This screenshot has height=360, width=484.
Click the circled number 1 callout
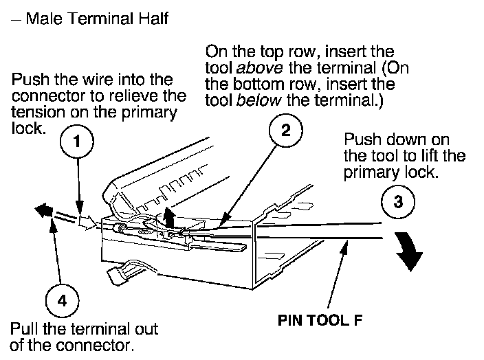pyautogui.click(x=76, y=142)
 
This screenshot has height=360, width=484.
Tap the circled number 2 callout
pyautogui.click(x=286, y=130)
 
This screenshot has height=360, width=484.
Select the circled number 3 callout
pyautogui.click(x=398, y=202)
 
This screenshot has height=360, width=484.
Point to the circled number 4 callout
pyautogui.click(x=63, y=300)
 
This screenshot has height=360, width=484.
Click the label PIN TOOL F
pyautogui.click(x=320, y=320)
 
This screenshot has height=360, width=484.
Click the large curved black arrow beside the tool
pyautogui.click(x=409, y=251)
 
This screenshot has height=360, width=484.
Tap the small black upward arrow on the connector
pyautogui.click(x=168, y=217)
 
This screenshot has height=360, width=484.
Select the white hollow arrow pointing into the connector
pyautogui.click(x=88, y=222)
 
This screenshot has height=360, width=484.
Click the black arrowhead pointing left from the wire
pyautogui.click(x=44, y=210)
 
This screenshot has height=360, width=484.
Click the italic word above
pyautogui.click(x=259, y=67)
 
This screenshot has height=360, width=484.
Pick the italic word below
pyautogui.click(x=258, y=100)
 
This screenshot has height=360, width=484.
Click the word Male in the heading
pyautogui.click(x=44, y=19)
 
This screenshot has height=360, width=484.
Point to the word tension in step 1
pyautogui.click(x=38, y=112)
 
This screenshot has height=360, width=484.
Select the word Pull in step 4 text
pyautogui.click(x=25, y=329)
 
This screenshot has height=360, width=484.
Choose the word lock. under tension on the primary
pyautogui.click(x=29, y=128)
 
